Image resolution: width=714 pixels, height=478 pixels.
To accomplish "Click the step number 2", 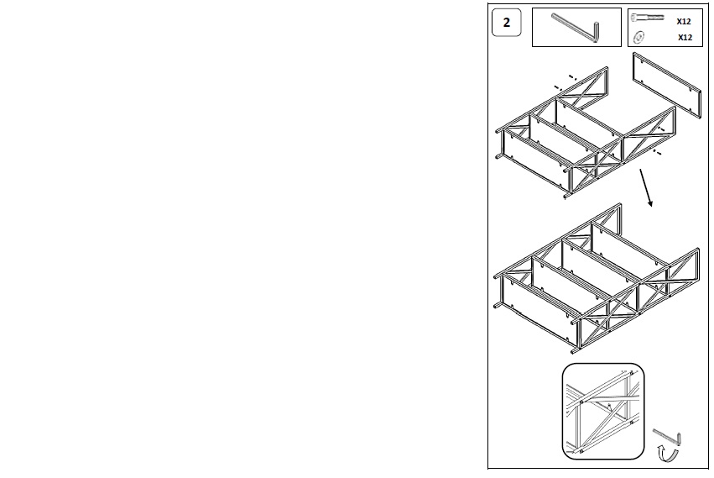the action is tap(507, 23).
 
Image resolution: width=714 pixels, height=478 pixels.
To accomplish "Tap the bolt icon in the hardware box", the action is tap(647, 18).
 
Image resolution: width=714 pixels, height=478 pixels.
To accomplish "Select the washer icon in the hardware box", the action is tap(638, 37).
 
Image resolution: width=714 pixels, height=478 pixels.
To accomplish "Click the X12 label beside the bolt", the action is tap(684, 22).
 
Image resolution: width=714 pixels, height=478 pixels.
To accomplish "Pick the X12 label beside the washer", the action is tap(685, 38).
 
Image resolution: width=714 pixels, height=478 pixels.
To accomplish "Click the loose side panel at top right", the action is tap(667, 86).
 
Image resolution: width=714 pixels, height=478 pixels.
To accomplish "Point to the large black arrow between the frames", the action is tap(647, 188).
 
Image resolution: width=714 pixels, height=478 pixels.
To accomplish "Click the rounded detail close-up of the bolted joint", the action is tap(603, 412).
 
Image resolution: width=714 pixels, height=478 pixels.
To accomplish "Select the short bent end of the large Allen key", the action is tap(595, 32).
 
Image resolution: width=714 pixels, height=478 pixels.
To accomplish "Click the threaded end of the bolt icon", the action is tap(656, 18).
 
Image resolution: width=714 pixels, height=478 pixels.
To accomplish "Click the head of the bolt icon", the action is tap(635, 18).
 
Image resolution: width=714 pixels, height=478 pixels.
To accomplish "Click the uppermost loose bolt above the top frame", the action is tap(573, 77).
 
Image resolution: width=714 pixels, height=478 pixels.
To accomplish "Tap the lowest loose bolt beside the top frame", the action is tap(658, 152).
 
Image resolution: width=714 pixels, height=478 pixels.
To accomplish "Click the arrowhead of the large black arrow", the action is tap(650, 202).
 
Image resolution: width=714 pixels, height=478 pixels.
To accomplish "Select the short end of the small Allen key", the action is tap(679, 439).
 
